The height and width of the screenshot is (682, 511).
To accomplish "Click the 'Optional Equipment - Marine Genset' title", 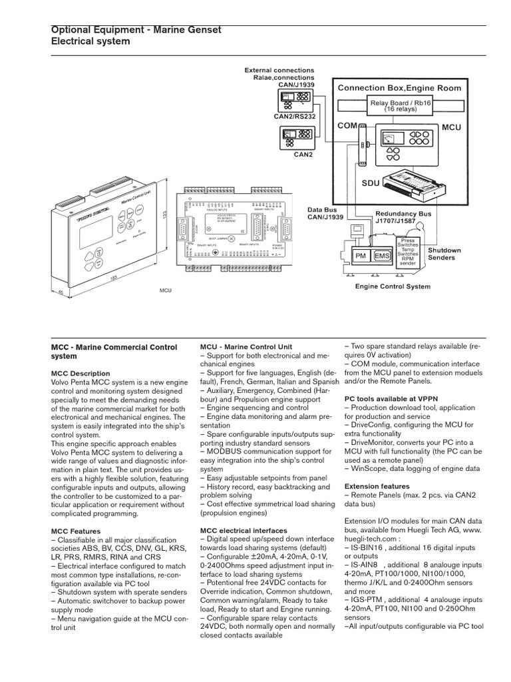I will (x=136, y=29).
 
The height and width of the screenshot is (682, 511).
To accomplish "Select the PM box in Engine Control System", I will (x=361, y=255).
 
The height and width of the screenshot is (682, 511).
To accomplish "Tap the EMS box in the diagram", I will (x=383, y=255).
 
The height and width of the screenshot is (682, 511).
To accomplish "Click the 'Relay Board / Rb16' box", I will (x=400, y=106).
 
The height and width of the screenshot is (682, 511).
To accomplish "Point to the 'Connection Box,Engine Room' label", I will (x=399, y=88).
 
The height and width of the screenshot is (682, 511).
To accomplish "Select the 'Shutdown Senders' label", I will (x=444, y=254).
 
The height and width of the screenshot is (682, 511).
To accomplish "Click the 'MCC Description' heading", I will (x=81, y=374).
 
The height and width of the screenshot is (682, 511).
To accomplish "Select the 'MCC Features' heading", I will (x=76, y=531).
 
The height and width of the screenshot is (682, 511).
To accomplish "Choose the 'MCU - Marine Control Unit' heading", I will (x=246, y=347).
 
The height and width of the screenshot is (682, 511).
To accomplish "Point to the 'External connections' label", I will (x=279, y=70).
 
